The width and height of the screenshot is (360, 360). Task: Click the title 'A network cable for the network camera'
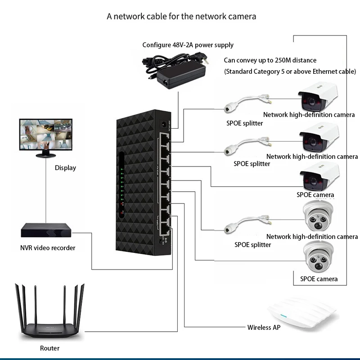[181, 17]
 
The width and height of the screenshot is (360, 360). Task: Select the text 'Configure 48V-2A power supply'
[188, 45]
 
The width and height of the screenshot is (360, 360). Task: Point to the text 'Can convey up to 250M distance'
[270, 60]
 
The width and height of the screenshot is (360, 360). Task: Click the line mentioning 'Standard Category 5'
[290, 72]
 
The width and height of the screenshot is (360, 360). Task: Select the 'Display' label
[65, 168]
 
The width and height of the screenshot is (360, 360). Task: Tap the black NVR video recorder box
[46, 230]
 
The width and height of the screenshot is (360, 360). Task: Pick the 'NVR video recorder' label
[48, 248]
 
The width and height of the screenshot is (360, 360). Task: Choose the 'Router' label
[49, 348]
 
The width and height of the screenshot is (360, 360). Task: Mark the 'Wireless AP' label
[264, 328]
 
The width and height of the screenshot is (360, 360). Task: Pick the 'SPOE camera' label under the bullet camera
[315, 195]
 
